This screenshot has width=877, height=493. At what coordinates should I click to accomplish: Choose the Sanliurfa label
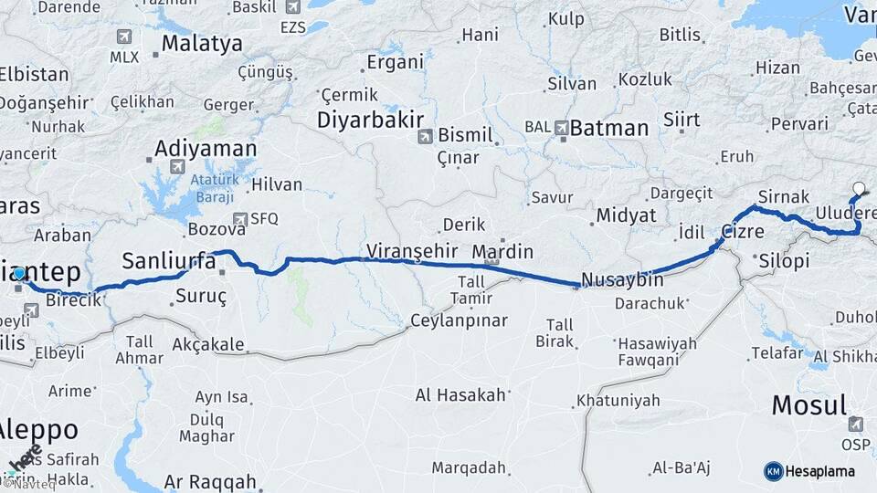[169, 261]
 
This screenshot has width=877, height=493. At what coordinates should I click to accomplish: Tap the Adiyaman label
[206, 148]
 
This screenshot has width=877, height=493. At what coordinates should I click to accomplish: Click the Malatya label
[202, 43]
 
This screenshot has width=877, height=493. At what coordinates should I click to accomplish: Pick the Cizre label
[743, 232]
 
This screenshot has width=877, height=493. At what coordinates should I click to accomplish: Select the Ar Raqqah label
[210, 480]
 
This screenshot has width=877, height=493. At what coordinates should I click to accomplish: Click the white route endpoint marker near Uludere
[858, 190]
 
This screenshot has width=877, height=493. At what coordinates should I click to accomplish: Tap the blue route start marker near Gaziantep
[19, 273]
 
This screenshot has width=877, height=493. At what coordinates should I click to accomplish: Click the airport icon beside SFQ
[240, 219]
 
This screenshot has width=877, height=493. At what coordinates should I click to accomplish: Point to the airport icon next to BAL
[558, 128]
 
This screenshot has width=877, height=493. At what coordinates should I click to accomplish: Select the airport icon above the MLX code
[124, 37]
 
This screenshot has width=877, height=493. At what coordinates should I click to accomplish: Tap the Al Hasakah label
[460, 395]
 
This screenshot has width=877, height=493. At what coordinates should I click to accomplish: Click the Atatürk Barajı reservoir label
[213, 190]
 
